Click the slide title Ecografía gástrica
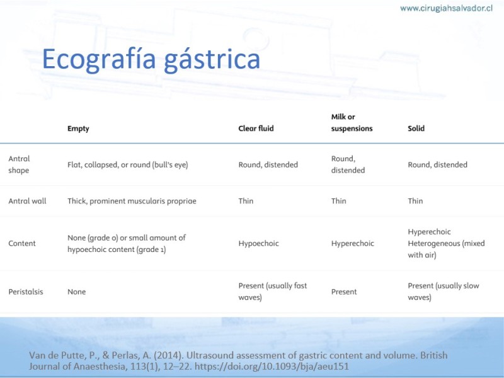(x=151, y=59)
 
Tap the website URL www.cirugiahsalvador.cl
(x=446, y=8)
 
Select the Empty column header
(x=78, y=129)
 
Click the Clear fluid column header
(x=256, y=129)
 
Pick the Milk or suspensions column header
(x=352, y=122)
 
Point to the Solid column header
(x=416, y=129)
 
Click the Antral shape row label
(x=19, y=164)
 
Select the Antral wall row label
(x=27, y=201)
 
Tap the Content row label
(x=22, y=243)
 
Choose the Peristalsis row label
(x=26, y=292)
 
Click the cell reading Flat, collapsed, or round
(x=128, y=165)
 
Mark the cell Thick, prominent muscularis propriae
(x=132, y=201)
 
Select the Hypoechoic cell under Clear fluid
(x=258, y=243)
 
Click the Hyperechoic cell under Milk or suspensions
(x=353, y=243)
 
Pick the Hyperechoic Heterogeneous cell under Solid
(x=446, y=243)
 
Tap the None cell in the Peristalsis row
(x=76, y=292)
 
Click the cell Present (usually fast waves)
(x=273, y=291)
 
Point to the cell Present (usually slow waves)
(x=444, y=291)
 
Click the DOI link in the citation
(x=272, y=367)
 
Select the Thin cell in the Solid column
(x=415, y=201)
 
